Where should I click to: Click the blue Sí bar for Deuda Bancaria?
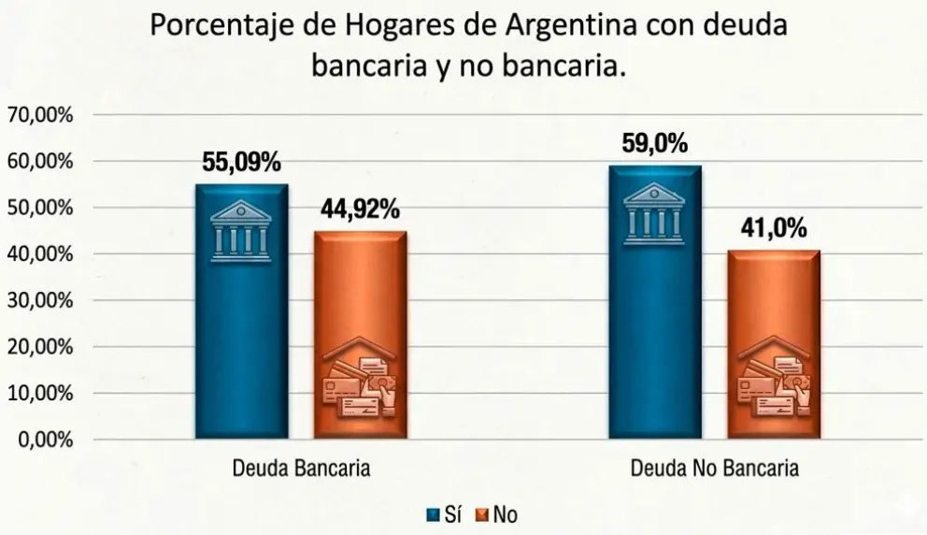(x=241, y=318)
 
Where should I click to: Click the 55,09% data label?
(x=241, y=163)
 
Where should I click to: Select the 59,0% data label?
(x=654, y=145)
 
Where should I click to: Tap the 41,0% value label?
(x=773, y=229)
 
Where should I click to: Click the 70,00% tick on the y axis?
(x=40, y=115)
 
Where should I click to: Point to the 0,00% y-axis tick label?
(x=45, y=440)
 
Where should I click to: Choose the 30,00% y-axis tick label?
(x=40, y=300)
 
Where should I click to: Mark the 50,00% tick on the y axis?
(x=40, y=208)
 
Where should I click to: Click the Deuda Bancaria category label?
(x=300, y=469)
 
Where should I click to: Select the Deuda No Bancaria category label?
(x=714, y=469)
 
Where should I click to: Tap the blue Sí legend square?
(x=433, y=513)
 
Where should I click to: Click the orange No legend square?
(x=482, y=513)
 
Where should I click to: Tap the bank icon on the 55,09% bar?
(x=241, y=230)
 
